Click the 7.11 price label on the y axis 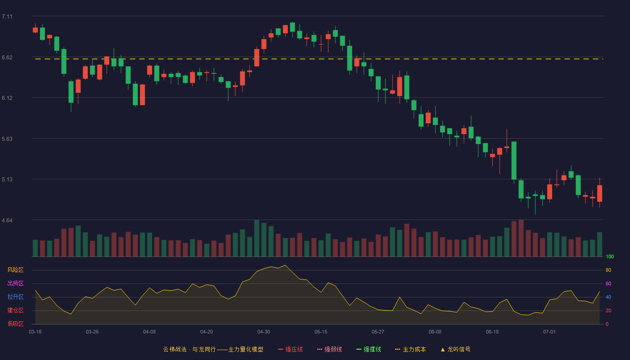(7, 17)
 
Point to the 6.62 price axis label (7, 58)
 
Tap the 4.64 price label (7, 220)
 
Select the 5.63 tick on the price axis (7, 139)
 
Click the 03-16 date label (35, 332)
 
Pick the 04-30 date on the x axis (264, 332)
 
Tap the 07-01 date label (549, 332)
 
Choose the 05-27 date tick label (378, 332)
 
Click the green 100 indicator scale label (610, 256)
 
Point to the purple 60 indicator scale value (608, 283)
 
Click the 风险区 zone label (15, 270)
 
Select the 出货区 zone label (15, 283)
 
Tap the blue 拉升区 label (15, 297)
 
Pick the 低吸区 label (15, 324)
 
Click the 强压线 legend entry (291, 349)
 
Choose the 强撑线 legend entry (369, 349)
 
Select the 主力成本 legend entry (410, 349)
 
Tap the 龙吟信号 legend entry (455, 349)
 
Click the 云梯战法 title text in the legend (175, 349)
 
